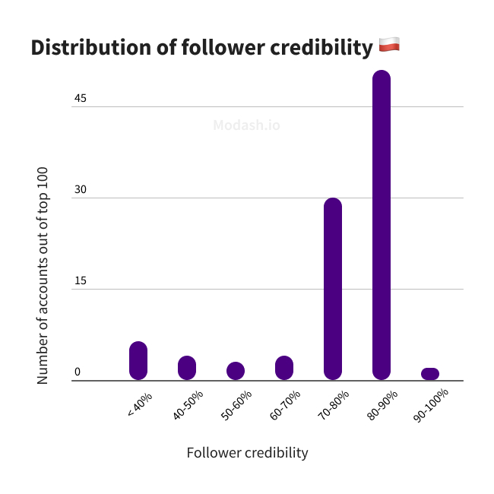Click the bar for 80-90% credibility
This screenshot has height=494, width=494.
[382, 225]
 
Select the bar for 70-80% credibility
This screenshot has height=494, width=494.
[333, 289]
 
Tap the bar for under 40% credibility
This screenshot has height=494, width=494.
[138, 361]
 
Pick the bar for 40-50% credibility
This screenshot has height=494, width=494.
[187, 368]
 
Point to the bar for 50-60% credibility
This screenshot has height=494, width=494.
[236, 371]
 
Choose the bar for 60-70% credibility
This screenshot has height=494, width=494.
[284, 368]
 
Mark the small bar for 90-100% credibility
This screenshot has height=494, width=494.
[430, 374]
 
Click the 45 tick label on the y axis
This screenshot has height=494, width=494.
[81, 98]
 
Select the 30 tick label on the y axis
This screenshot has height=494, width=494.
[81, 189]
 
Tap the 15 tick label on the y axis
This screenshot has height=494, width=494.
[81, 280]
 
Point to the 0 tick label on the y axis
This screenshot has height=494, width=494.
[78, 372]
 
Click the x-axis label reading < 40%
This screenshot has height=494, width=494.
[140, 404]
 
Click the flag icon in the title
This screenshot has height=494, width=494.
[388, 46]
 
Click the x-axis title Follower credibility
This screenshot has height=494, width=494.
[247, 452]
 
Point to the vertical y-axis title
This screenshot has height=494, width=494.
[43, 275]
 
